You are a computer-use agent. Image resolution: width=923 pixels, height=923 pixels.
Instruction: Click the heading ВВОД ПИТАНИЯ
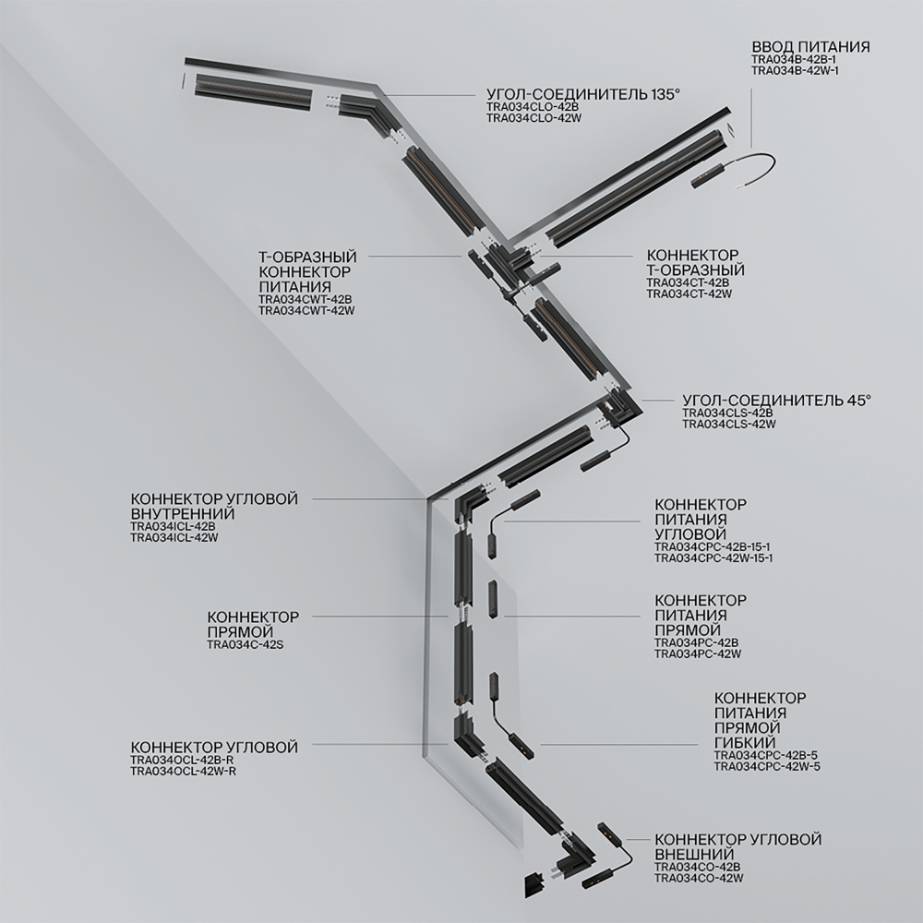(810, 46)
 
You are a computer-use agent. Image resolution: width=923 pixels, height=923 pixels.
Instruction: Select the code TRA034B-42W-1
(795, 70)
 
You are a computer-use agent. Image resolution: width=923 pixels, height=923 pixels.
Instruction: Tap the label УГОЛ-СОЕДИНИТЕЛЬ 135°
(582, 94)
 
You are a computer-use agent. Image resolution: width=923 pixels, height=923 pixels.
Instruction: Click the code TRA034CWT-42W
(306, 311)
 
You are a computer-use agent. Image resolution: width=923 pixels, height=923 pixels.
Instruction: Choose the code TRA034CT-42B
(688, 282)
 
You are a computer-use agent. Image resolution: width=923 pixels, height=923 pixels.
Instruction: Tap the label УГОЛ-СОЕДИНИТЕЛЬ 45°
(776, 400)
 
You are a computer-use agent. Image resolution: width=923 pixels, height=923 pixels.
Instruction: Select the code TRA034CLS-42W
(728, 424)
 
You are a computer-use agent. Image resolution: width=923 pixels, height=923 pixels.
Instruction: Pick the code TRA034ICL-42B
(173, 526)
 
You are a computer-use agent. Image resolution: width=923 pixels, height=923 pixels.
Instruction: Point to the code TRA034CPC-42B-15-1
(713, 546)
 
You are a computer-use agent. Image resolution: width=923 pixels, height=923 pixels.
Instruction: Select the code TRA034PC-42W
(697, 653)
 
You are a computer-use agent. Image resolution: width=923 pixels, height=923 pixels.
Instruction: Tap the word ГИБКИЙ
(744, 743)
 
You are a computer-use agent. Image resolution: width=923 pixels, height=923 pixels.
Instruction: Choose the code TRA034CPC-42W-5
(766, 766)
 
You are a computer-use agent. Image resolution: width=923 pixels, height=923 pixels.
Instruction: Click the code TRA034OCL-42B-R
(182, 760)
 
